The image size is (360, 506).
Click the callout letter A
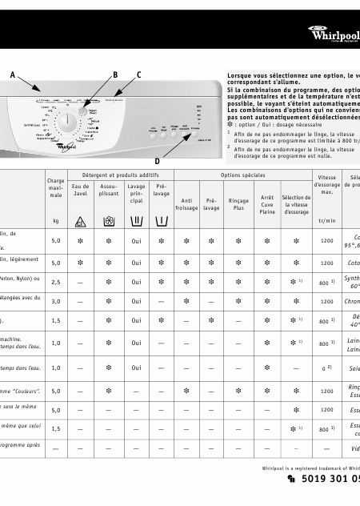[x=12, y=74]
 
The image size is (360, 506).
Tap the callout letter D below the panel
[x=156, y=160]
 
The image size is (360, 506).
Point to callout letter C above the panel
[x=138, y=74]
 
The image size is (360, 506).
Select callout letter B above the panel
[x=115, y=74]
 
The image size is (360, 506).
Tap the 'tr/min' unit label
[x=326, y=221]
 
